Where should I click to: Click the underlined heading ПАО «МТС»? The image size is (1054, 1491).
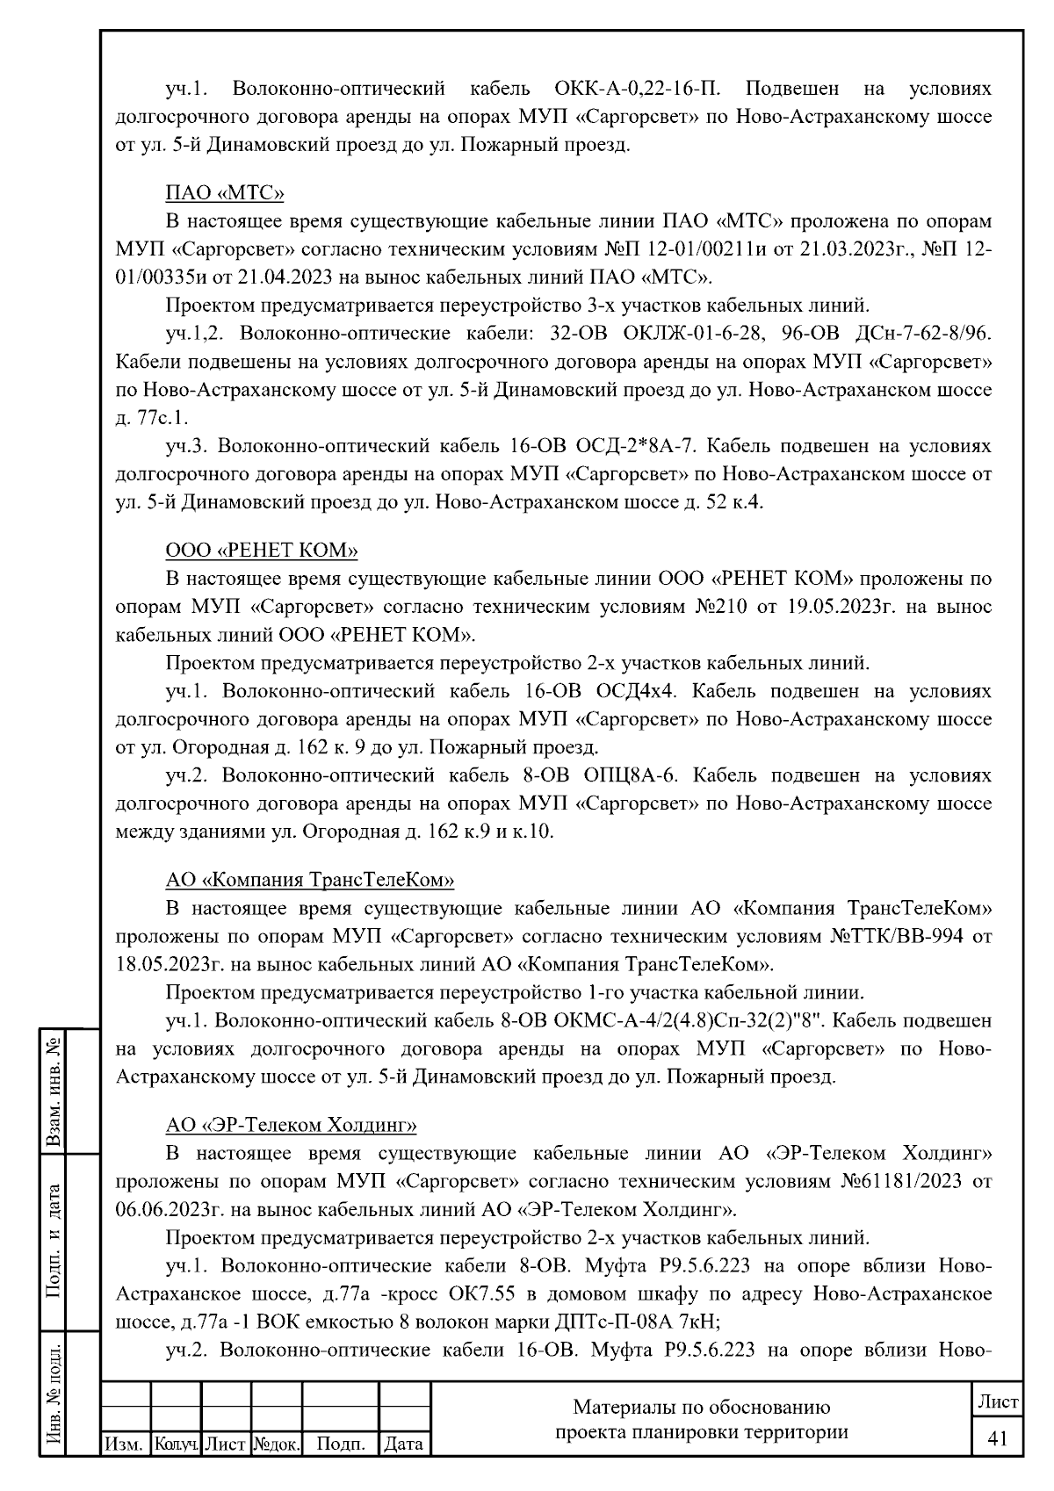[x=225, y=193]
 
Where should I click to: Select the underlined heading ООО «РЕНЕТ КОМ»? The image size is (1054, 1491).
[x=262, y=551]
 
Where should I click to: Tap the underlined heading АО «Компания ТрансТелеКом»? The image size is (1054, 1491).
[x=310, y=880]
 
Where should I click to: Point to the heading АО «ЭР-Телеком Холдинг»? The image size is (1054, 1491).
[x=291, y=1125]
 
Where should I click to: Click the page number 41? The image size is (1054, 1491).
[x=997, y=1439]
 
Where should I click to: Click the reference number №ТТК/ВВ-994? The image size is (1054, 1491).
[x=895, y=936]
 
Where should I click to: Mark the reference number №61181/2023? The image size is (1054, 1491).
[x=905, y=1181]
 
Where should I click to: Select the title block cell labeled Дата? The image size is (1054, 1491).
[x=404, y=1444]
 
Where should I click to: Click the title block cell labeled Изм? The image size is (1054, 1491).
[x=126, y=1444]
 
